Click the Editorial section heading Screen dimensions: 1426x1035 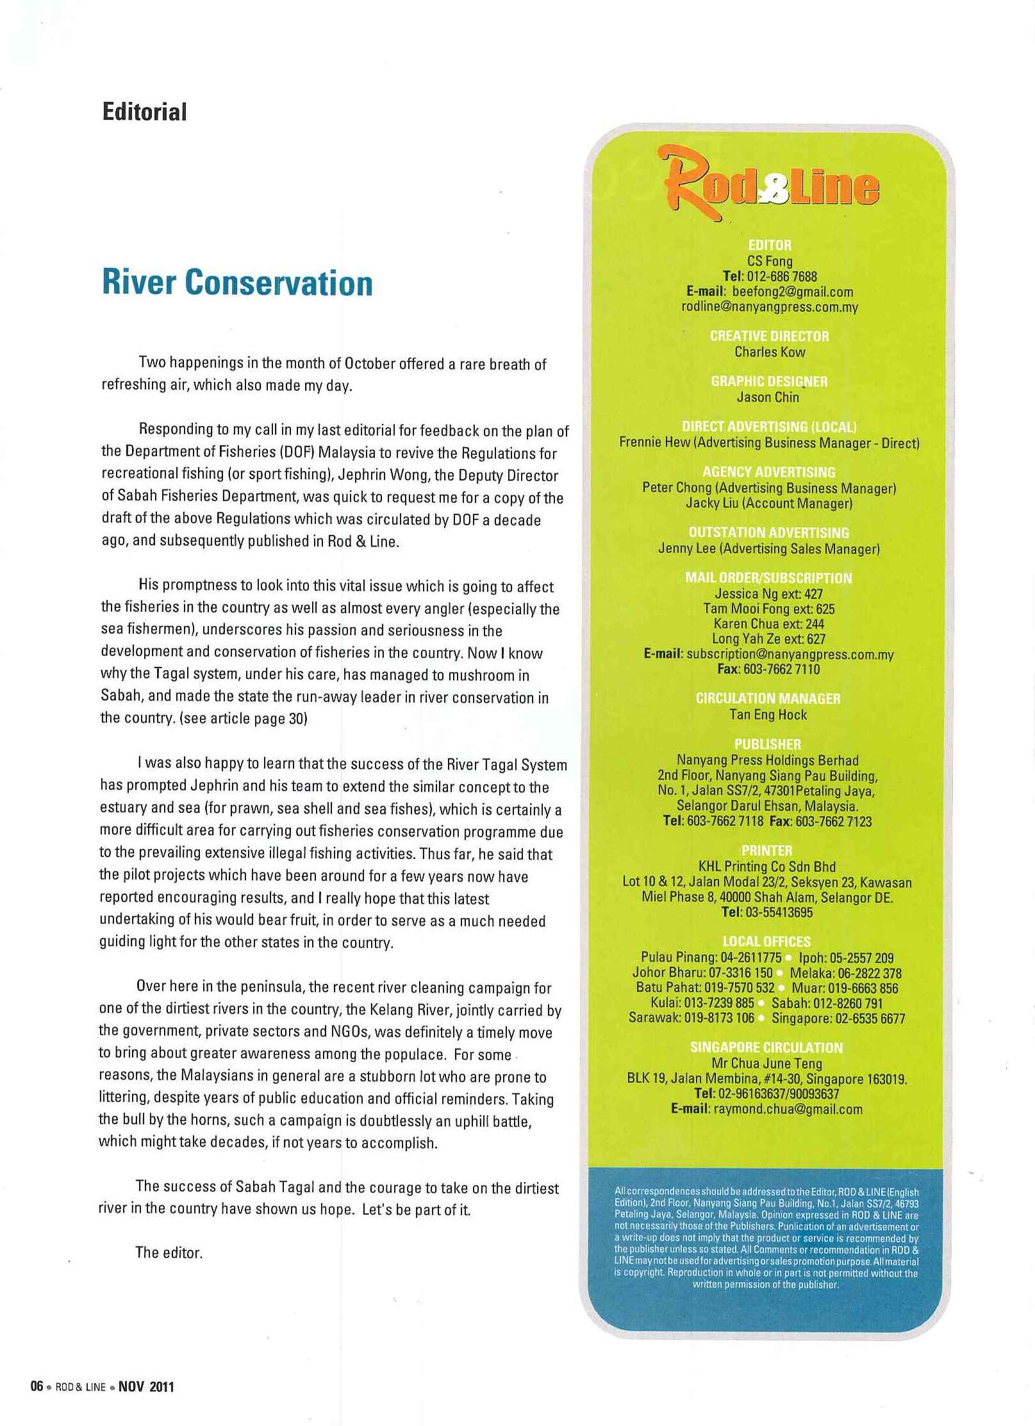click(x=145, y=112)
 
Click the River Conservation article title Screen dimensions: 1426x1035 click(x=237, y=283)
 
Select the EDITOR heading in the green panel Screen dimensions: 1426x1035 click(x=770, y=245)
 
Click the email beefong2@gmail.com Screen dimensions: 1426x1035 click(x=793, y=291)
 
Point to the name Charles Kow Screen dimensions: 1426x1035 click(x=770, y=352)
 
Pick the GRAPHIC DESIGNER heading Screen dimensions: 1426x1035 click(x=769, y=381)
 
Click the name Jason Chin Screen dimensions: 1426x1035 click(x=768, y=397)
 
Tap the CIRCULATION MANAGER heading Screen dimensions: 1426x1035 click(x=768, y=698)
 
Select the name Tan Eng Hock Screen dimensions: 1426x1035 click(x=768, y=714)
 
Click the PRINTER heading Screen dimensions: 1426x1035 click(x=766, y=850)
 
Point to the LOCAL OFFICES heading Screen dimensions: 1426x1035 click(x=766, y=941)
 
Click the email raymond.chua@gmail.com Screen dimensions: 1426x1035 click(x=788, y=1109)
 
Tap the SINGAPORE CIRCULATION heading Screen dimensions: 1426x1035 click(x=766, y=1047)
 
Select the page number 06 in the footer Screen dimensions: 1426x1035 click(x=37, y=1386)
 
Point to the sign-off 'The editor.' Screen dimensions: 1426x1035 click(x=169, y=1252)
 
